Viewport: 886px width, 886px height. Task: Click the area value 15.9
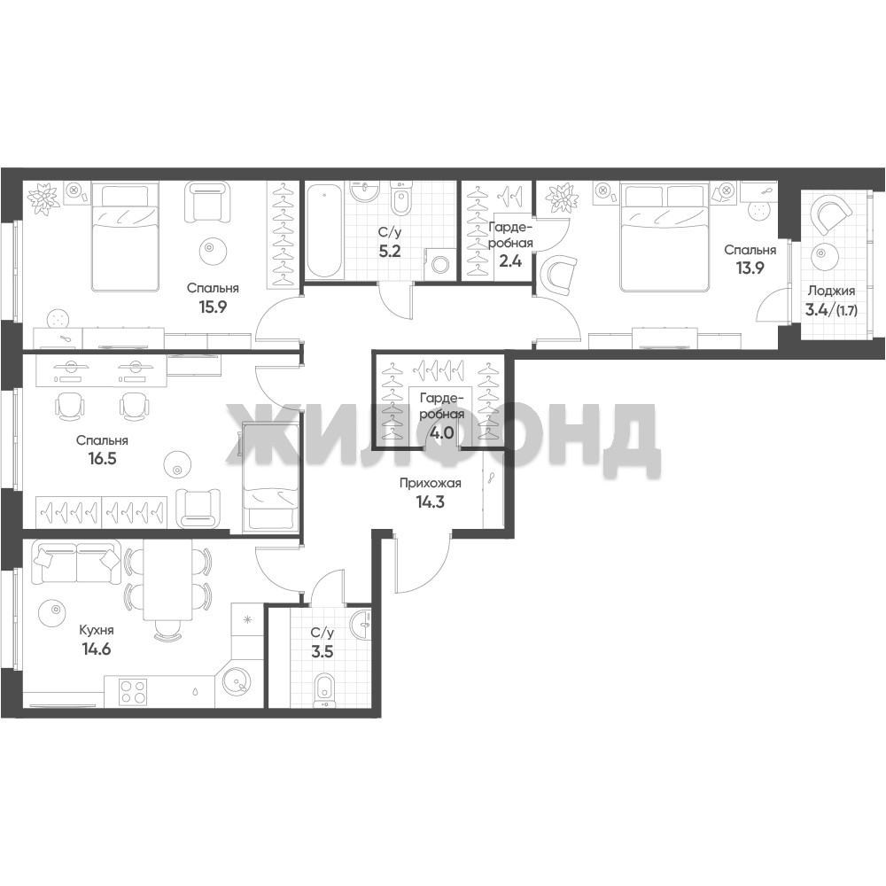click(x=213, y=307)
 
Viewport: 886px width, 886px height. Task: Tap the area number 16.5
click(x=102, y=458)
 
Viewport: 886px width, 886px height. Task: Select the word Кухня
click(x=96, y=631)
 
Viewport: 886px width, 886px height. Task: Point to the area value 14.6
click(x=96, y=649)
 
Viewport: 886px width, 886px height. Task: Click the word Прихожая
click(x=431, y=484)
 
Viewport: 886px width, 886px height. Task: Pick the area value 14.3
click(x=431, y=501)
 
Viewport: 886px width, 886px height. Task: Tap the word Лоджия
click(x=831, y=291)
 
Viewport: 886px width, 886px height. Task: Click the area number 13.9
click(x=750, y=268)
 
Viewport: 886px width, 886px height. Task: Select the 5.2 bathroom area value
click(x=390, y=251)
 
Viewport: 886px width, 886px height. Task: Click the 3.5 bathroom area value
click(x=323, y=652)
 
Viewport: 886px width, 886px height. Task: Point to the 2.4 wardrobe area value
click(x=510, y=261)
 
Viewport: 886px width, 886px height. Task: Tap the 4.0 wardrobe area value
click(x=442, y=433)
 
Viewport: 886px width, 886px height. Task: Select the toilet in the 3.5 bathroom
click(x=323, y=690)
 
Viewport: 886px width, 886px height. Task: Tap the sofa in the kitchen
click(x=77, y=563)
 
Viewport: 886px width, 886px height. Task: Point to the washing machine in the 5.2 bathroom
click(x=439, y=264)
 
